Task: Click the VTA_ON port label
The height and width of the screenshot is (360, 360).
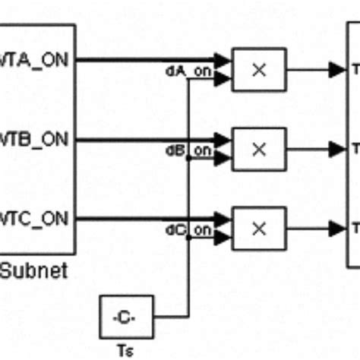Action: [37, 61]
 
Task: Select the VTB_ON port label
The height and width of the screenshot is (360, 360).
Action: [37, 141]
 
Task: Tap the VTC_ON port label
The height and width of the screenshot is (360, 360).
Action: [37, 219]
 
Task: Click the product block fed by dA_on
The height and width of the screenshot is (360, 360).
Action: [259, 70]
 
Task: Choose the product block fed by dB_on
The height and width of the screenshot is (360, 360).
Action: [259, 149]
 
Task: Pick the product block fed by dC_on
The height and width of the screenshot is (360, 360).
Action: [259, 228]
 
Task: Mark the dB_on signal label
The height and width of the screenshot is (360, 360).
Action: [189, 150]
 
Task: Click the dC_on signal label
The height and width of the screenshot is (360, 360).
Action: [189, 229]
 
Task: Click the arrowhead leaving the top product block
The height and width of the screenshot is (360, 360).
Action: [336, 70]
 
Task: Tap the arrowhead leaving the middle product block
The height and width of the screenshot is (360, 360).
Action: [336, 149]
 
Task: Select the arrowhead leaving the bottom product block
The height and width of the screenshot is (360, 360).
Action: [336, 228]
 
